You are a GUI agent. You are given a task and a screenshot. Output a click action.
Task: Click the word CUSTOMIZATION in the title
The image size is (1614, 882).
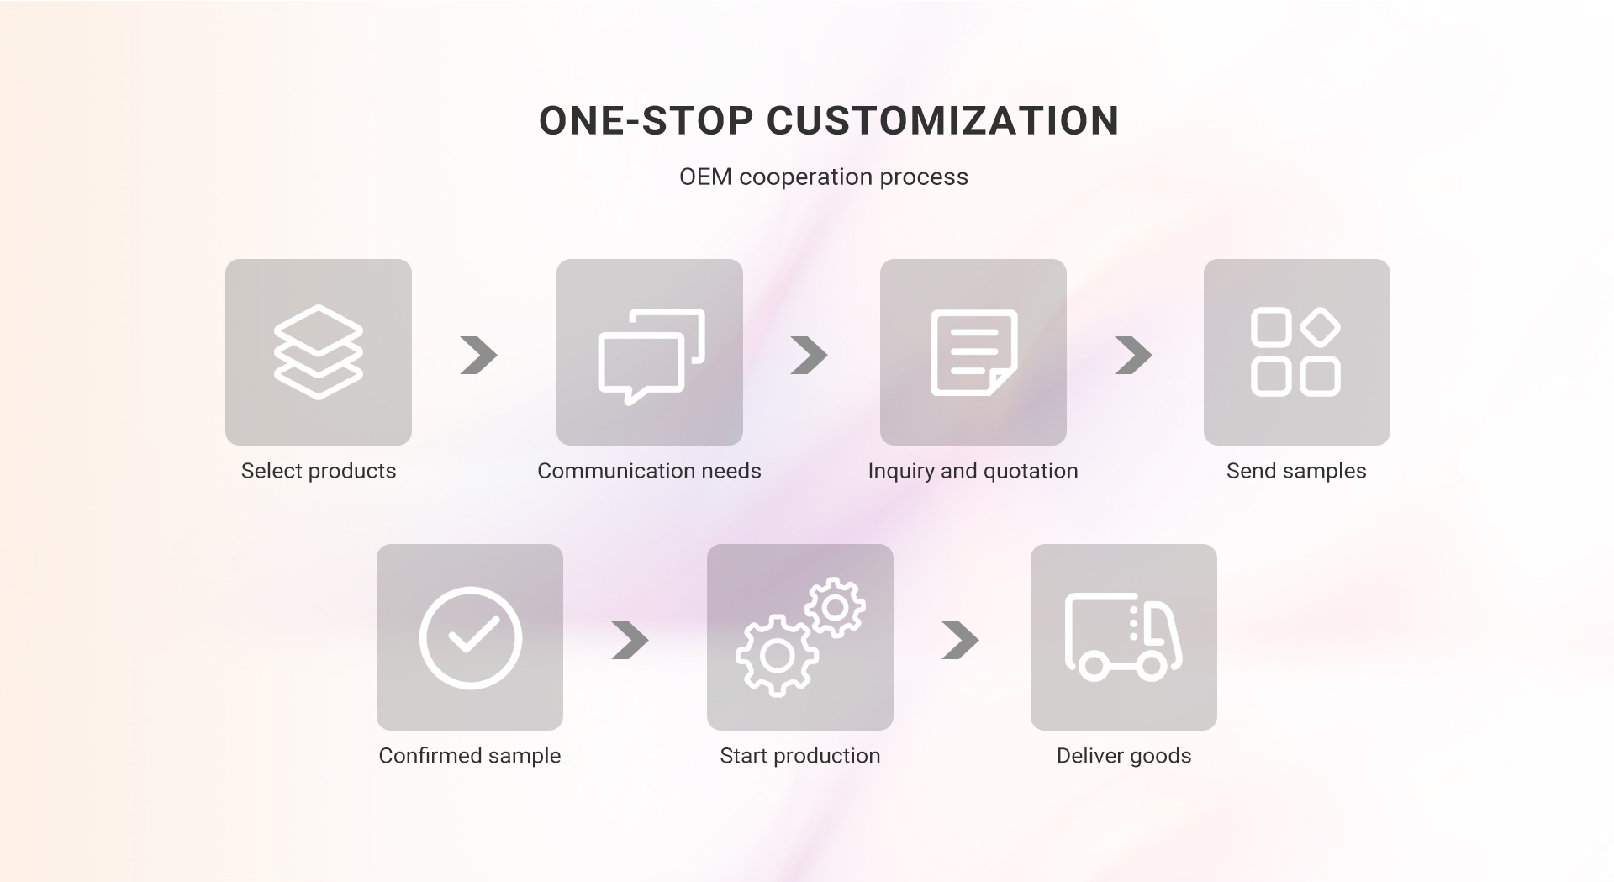pyautogui.click(x=942, y=120)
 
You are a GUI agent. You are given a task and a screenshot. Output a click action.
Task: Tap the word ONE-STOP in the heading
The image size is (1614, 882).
pyautogui.click(x=646, y=120)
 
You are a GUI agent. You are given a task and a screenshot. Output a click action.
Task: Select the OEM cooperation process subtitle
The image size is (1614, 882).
pyautogui.click(x=824, y=177)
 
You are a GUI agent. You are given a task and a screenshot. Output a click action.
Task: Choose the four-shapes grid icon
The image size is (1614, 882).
pyautogui.click(x=1296, y=352)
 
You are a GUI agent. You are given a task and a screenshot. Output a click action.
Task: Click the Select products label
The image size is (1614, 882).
pyautogui.click(x=319, y=471)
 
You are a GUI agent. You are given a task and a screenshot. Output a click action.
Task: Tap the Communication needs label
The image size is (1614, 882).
pyautogui.click(x=649, y=471)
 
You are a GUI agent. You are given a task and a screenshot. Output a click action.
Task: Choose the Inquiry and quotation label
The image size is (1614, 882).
pyautogui.click(x=973, y=471)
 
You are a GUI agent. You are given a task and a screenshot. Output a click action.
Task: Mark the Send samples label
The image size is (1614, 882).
pyautogui.click(x=1296, y=471)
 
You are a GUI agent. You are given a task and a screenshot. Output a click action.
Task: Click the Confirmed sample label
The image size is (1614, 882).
pyautogui.click(x=470, y=755)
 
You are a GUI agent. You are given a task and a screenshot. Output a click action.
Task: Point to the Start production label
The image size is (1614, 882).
pyautogui.click(x=800, y=755)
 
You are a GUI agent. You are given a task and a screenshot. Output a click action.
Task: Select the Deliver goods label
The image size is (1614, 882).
pyautogui.click(x=1124, y=755)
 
